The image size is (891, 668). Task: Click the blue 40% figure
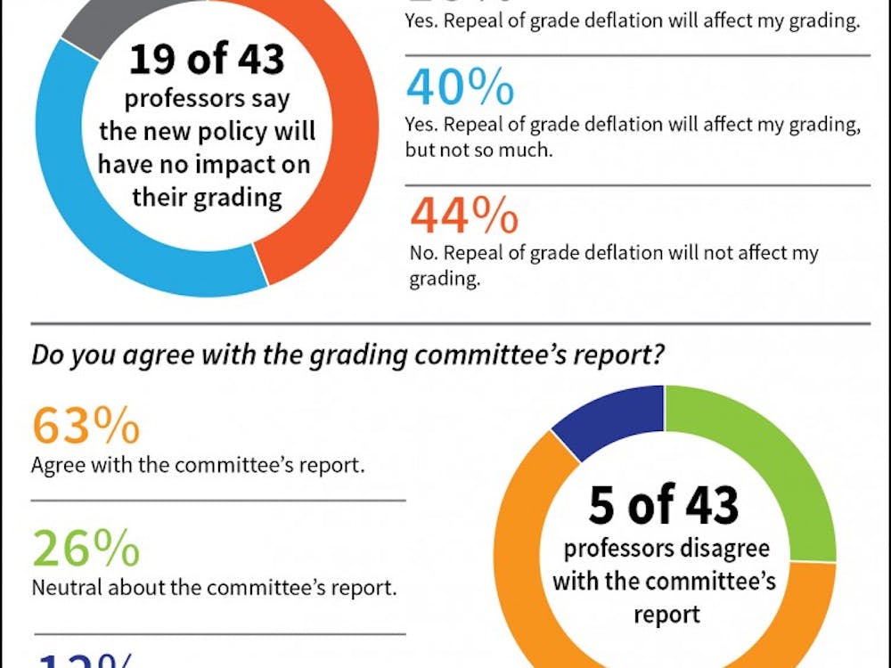pos(460,87)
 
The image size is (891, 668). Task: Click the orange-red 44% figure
pos(463,216)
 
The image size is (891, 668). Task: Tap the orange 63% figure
pos(86,426)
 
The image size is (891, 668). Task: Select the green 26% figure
pos(86,550)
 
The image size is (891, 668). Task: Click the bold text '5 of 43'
pos(664,505)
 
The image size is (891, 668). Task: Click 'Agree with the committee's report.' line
pos(197,465)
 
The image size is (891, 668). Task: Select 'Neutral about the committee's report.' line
pos(214,588)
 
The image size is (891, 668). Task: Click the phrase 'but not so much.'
pos(479,151)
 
